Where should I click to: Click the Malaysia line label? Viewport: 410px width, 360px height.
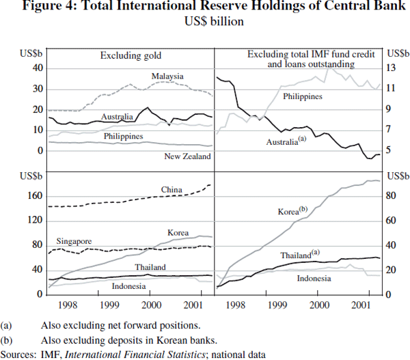(167, 76)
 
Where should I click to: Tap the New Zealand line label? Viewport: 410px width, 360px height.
(187, 156)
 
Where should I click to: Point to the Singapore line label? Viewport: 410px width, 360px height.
(74, 241)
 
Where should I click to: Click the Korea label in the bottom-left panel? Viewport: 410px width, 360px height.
(178, 233)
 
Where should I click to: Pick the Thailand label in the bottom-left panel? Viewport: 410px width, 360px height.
(150, 266)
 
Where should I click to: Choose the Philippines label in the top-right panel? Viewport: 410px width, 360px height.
(302, 96)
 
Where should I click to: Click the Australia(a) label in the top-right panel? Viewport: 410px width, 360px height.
(284, 141)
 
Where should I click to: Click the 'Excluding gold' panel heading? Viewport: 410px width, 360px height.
(128, 56)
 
